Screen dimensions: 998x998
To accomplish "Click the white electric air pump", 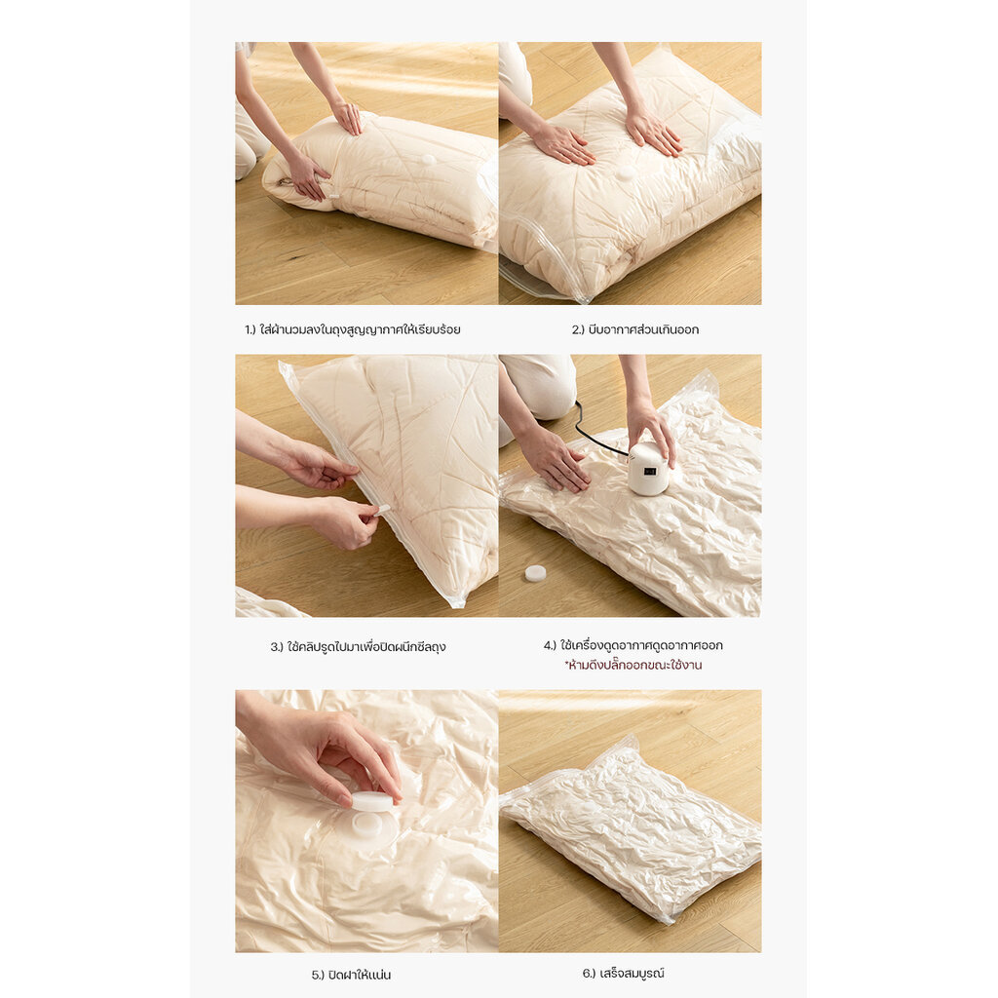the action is [x=648, y=470].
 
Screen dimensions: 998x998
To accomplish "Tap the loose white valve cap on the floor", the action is [x=535, y=573].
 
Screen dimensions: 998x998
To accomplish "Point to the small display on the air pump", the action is [x=650, y=472].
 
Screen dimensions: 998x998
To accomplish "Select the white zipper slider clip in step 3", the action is [x=382, y=509].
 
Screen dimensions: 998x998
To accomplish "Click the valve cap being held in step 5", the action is [x=372, y=802].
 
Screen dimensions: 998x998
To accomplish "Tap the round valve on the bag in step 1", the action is [x=428, y=159].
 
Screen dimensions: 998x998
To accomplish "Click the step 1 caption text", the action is [x=353, y=329].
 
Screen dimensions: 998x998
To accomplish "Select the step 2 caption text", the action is [x=635, y=329].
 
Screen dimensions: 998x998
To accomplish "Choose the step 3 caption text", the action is [x=358, y=647].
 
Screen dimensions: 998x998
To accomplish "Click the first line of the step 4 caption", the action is [x=633, y=645].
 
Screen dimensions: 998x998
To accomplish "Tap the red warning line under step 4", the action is [x=633, y=665].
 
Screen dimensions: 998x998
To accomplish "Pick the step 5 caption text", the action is [x=351, y=975].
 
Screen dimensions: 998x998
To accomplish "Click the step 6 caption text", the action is [x=623, y=974].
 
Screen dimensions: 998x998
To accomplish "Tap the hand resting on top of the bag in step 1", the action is [x=348, y=117].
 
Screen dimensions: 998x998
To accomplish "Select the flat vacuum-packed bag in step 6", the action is [x=631, y=827].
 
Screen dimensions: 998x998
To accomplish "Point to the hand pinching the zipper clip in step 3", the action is [x=347, y=522].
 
